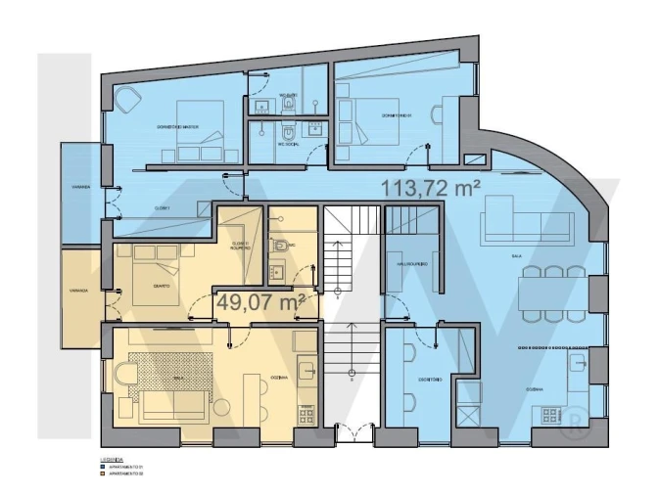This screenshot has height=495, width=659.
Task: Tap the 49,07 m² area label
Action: [257, 301]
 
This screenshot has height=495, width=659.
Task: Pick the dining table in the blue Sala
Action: [553, 291]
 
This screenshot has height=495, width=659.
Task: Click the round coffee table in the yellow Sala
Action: [129, 376]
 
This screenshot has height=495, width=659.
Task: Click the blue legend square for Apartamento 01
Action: [103, 468]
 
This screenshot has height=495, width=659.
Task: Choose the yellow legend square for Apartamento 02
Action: [103, 475]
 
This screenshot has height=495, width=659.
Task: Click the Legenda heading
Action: [112, 459]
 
